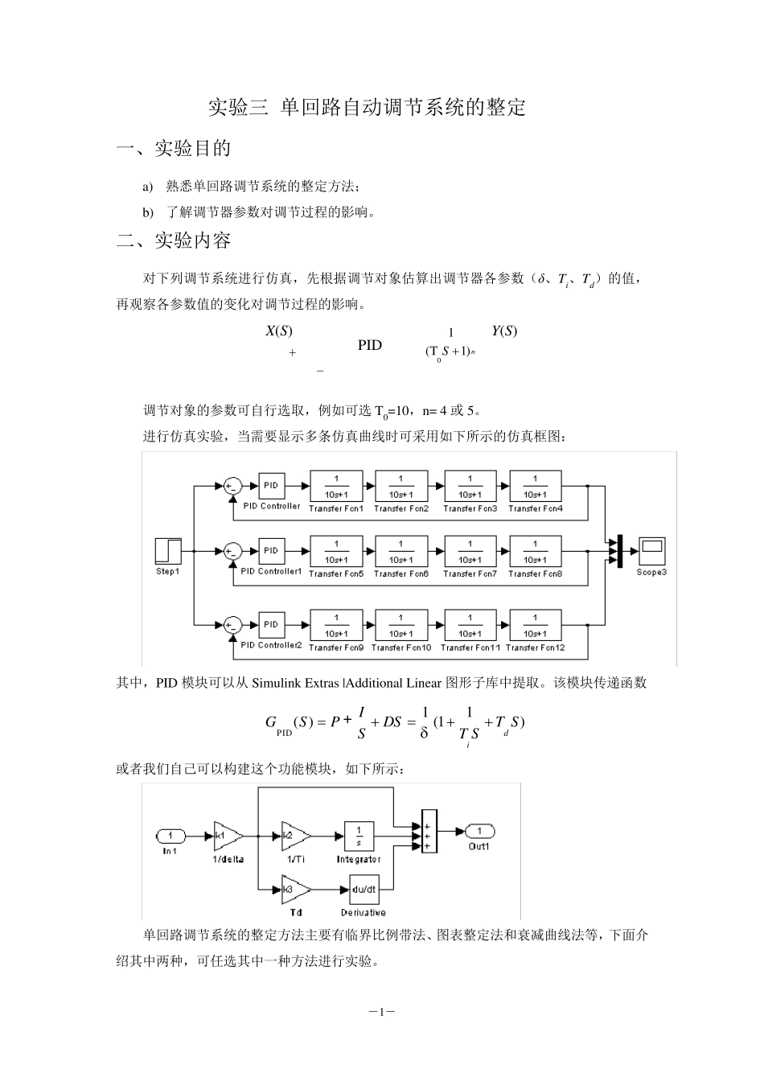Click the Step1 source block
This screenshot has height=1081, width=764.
coord(168,551)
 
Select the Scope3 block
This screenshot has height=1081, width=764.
coord(651,551)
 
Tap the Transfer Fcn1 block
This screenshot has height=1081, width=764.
coord(336,486)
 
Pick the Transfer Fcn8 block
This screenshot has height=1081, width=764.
coord(536,551)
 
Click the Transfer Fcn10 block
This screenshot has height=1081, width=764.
coord(401,625)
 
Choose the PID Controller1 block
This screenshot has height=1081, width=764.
coord(271,551)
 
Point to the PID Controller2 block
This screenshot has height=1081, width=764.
coord(271,625)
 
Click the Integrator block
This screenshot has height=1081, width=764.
coord(359,836)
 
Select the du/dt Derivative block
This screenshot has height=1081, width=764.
coord(364,890)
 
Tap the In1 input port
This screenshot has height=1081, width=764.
coord(170,836)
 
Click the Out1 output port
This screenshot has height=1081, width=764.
coord(480,831)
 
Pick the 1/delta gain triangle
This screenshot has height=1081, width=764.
coord(228,836)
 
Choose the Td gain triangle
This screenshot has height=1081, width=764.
coord(296,890)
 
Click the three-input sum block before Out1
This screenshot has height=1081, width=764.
coord(429,832)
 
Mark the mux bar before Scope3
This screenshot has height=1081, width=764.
coord(620,551)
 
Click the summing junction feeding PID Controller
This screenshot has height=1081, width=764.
coord(232,486)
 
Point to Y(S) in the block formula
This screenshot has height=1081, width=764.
coord(504,331)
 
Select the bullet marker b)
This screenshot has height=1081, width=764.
coord(148,212)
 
